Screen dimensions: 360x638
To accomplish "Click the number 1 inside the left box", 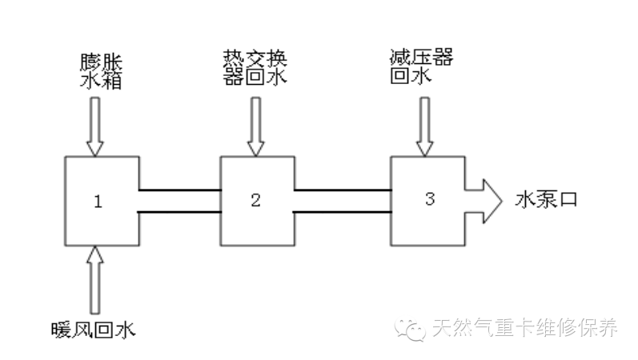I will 98,201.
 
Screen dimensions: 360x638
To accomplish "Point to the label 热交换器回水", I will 254,68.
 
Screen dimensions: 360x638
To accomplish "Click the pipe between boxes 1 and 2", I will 180,201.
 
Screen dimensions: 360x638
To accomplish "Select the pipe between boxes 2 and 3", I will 341,201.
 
